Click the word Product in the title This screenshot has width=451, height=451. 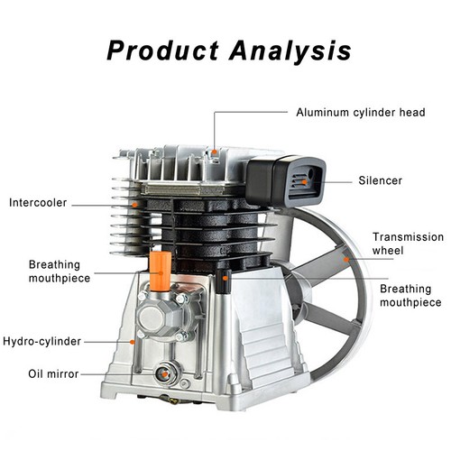(162, 51)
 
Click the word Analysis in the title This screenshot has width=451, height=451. (290, 51)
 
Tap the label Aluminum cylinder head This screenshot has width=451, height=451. (361, 113)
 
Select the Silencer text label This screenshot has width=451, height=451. (381, 180)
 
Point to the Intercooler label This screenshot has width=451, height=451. (38, 203)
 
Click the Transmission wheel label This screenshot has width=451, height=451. (408, 244)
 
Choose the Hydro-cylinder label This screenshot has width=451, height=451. (42, 342)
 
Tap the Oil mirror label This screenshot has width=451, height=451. (53, 374)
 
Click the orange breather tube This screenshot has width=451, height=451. (161, 272)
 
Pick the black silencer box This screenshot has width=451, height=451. (285, 181)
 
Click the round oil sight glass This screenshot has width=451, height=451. (165, 374)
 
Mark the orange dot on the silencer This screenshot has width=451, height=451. (304, 182)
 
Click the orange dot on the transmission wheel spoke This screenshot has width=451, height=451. (346, 260)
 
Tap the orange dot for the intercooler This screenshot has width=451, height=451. (134, 205)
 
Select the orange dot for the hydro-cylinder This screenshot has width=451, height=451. (132, 342)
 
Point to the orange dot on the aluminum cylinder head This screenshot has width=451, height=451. (214, 152)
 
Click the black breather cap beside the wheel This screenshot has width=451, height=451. (225, 281)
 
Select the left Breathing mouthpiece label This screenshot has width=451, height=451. (60, 272)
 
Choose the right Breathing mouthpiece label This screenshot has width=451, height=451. (410, 295)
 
